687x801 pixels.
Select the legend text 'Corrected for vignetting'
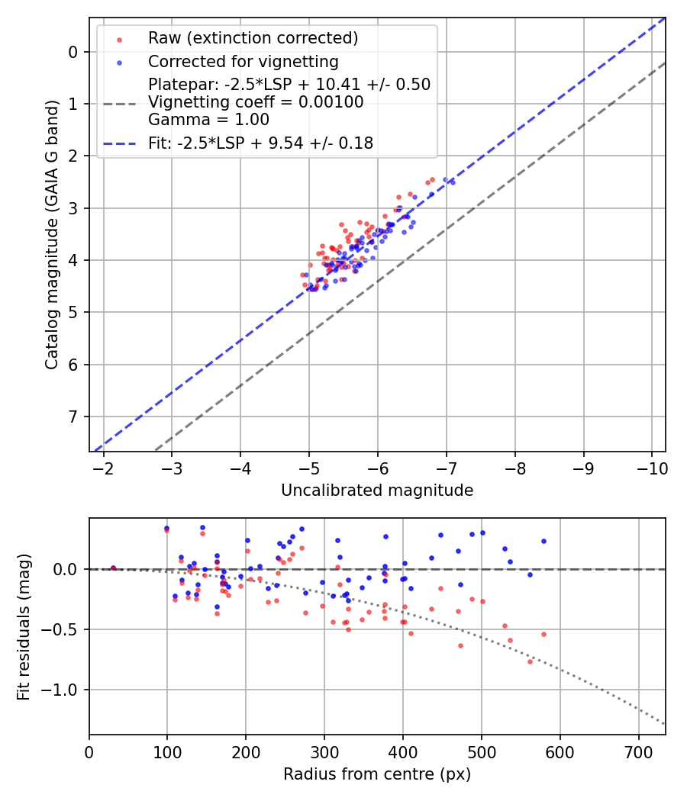[x=243, y=61]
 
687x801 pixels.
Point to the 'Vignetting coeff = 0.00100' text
[x=256, y=102]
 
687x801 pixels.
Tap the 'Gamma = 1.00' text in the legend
[x=208, y=120]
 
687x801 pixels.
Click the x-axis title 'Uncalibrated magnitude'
[x=377, y=491]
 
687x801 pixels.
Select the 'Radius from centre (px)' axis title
[x=377, y=774]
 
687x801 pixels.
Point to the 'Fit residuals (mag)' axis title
[x=24, y=626]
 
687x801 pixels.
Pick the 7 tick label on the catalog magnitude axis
[x=73, y=417]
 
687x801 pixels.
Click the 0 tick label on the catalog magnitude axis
[x=73, y=52]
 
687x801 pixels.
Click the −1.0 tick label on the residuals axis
[x=64, y=690]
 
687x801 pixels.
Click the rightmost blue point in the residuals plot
[x=543, y=541]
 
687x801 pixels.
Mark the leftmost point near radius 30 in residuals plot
[x=113, y=568]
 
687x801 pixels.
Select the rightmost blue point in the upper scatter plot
[x=452, y=182]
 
